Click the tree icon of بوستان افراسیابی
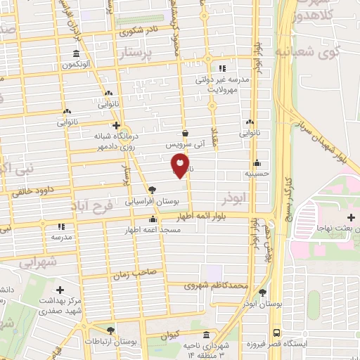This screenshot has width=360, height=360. tap(153, 189)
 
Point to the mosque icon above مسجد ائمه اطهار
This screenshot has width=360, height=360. tap(153, 219)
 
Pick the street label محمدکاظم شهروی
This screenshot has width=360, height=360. tap(217, 285)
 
